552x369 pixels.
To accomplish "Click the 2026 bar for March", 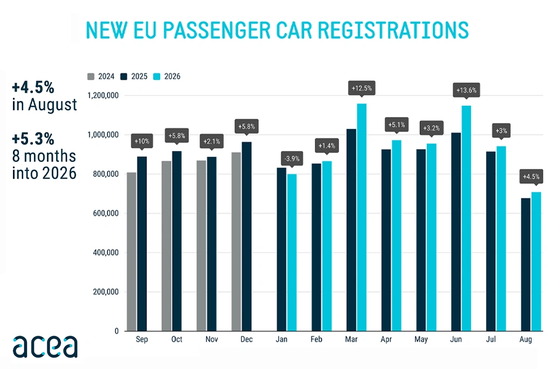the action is click(x=362, y=217).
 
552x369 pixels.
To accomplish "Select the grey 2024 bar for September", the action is click(x=132, y=251).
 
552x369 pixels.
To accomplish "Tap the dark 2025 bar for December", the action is click(x=246, y=236).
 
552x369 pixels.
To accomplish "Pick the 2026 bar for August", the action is click(x=536, y=262).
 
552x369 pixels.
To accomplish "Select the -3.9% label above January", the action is click(x=292, y=159).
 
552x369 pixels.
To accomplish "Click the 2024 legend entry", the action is click(x=101, y=77).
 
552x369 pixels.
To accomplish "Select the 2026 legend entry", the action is click(x=167, y=77).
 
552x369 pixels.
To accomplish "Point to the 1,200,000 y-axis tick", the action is click(x=103, y=95).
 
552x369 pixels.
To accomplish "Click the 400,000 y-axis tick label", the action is click(x=106, y=252).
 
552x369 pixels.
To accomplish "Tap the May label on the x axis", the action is click(x=421, y=339).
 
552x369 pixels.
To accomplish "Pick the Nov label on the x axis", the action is click(x=211, y=339).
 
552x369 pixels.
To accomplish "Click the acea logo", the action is click(x=45, y=346).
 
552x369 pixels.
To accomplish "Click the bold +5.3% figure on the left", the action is click(x=33, y=139).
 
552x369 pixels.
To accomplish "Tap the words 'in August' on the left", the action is click(x=44, y=105).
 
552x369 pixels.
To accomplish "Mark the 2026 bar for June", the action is click(x=466, y=218).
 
